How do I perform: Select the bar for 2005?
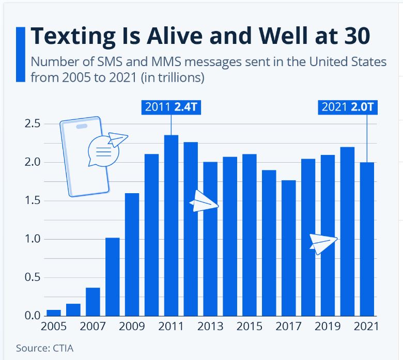(54, 312)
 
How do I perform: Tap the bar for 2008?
(112, 276)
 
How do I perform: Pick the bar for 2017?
(289, 248)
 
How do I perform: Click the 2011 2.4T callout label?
(171, 107)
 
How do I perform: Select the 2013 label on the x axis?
(210, 326)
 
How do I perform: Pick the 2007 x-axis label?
(93, 326)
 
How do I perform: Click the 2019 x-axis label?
(328, 326)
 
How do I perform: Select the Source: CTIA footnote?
(44, 348)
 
